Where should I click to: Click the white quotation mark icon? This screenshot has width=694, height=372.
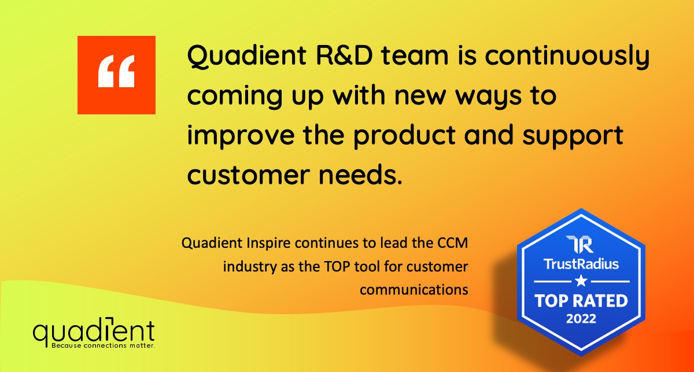[x=116, y=71]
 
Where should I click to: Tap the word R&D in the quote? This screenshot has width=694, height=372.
[x=344, y=55]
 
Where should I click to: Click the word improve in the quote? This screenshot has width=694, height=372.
[x=241, y=135]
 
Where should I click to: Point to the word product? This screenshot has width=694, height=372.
[x=404, y=135]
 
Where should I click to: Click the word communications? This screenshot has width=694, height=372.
[x=414, y=290]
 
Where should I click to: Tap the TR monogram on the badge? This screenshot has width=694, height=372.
[x=579, y=244]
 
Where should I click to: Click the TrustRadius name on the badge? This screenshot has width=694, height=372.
[x=581, y=264]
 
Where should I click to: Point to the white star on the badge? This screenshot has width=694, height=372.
[x=581, y=281]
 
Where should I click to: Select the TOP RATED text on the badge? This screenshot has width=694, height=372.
[x=581, y=300]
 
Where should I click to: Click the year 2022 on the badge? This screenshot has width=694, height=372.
[x=581, y=319]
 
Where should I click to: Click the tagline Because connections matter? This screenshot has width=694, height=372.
[x=103, y=345]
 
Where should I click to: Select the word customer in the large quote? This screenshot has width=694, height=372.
[x=249, y=175]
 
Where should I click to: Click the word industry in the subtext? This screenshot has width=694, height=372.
[x=250, y=267]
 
